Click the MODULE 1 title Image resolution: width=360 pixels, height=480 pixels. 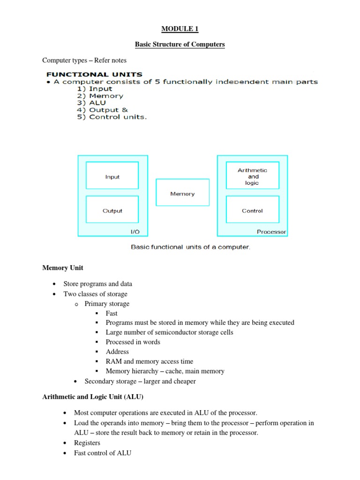pyautogui.click(x=180, y=29)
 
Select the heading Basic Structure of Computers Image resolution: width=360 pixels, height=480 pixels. pyautogui.click(x=180, y=45)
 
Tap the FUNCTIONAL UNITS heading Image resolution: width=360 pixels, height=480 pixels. pyautogui.click(x=94, y=74)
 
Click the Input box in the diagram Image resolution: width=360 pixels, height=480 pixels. pyautogui.click(x=112, y=177)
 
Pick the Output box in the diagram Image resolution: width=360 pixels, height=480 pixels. pyautogui.click(x=112, y=211)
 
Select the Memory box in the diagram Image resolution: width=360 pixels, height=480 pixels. pyautogui.click(x=182, y=194)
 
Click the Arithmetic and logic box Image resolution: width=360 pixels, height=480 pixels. pyautogui.click(x=252, y=176)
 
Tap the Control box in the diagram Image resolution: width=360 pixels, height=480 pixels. pyautogui.click(x=252, y=211)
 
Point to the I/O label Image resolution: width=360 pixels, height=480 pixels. pyautogui.click(x=135, y=232)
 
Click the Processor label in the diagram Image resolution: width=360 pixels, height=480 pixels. pyautogui.click(x=271, y=232)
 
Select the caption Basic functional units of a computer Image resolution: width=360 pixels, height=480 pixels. pyautogui.click(x=190, y=247)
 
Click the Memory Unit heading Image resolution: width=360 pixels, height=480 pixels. pyautogui.click(x=63, y=268)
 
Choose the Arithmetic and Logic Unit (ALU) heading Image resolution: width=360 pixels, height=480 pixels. pyautogui.click(x=93, y=397)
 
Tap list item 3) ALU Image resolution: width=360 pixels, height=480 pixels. pyautogui.click(x=92, y=103)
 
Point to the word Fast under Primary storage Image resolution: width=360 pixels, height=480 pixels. pyautogui.click(x=112, y=313)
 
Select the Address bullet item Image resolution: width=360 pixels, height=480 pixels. pyautogui.click(x=117, y=352)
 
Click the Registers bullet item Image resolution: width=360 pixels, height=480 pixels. pyautogui.click(x=87, y=442)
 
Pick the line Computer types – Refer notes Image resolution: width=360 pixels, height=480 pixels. pyautogui.click(x=84, y=60)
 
